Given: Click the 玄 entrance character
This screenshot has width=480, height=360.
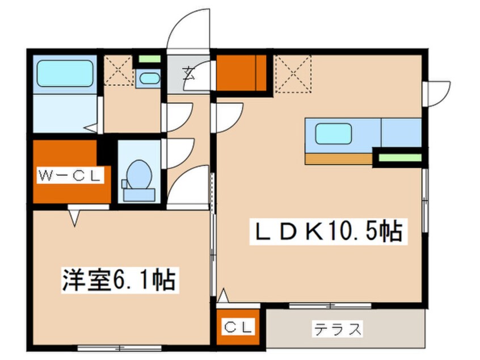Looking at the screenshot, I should tap(189, 73).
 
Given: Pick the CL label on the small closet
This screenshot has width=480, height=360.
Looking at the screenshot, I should tap(238, 328).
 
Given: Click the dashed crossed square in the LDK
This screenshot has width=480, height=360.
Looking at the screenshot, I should tap(293, 73).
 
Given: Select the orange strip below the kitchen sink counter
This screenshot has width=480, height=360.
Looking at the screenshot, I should tap(339, 157).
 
